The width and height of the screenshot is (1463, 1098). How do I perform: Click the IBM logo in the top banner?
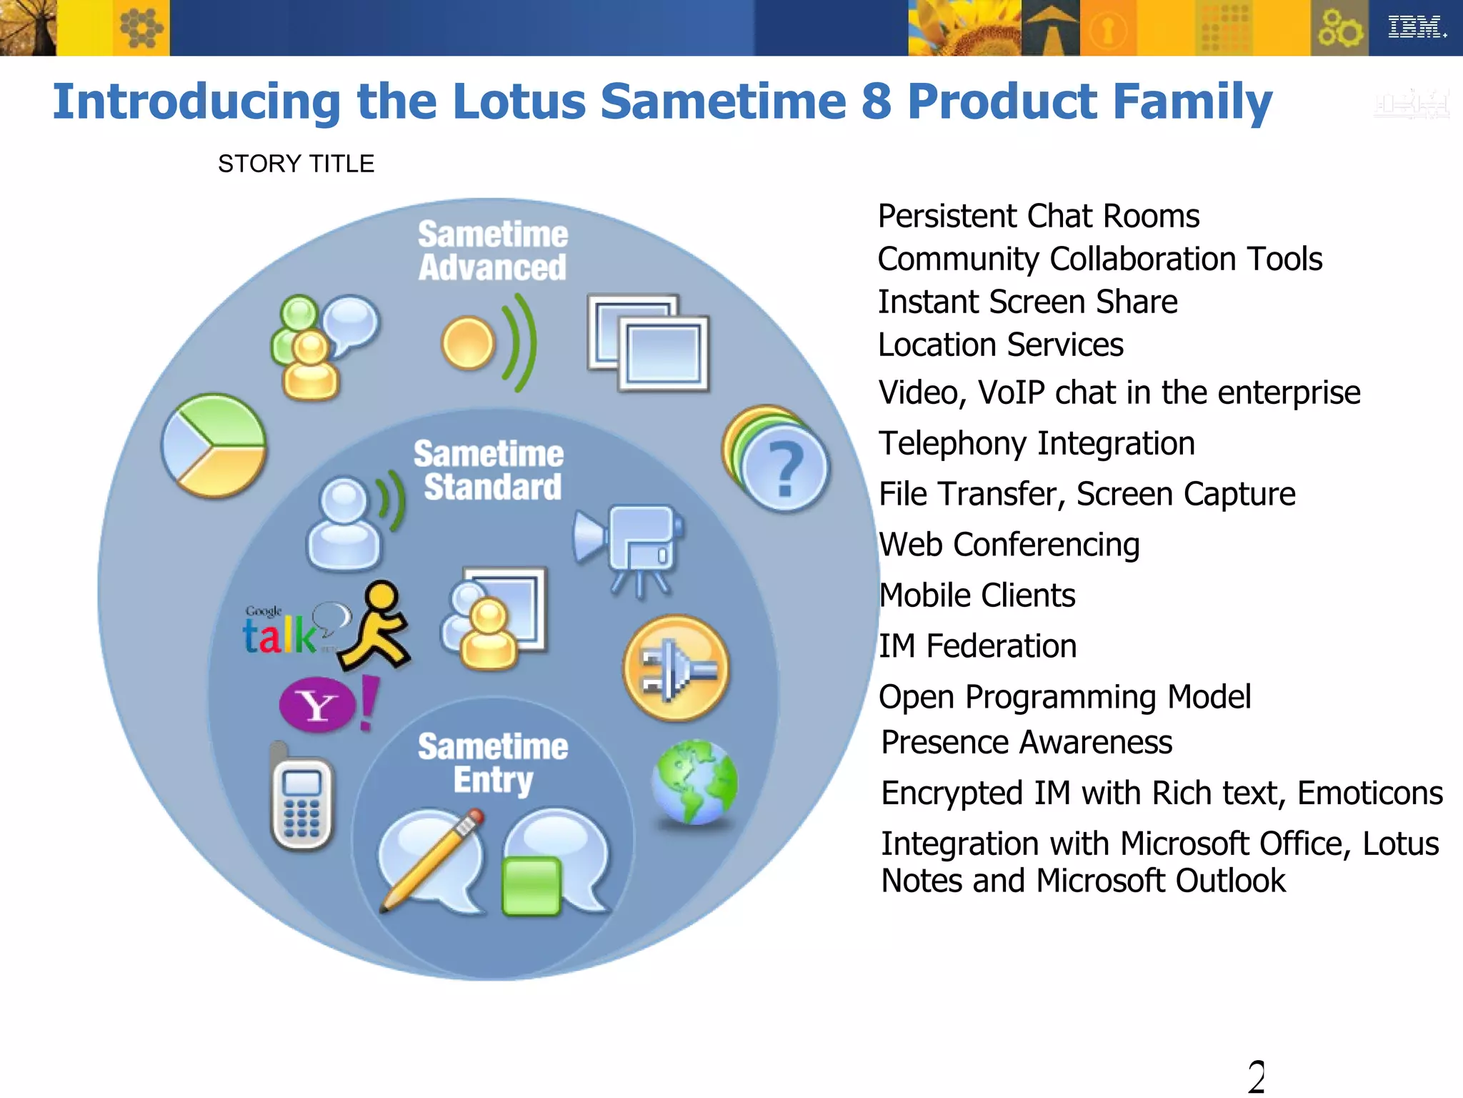1416,27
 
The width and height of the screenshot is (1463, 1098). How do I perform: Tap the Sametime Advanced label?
493,251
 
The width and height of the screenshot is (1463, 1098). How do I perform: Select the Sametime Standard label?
490,470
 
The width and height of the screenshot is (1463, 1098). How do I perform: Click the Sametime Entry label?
493,763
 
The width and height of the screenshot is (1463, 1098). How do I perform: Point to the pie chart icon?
214,446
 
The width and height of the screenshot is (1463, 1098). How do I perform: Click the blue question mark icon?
784,468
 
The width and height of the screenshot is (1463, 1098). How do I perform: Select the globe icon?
694,782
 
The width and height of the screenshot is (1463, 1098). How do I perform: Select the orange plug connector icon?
676,668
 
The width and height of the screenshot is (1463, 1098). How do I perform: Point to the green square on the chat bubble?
531,886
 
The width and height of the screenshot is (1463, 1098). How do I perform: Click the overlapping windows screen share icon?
648,342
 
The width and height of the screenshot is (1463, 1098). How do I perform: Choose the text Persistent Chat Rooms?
1038,216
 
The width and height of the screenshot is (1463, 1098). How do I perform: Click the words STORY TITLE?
296,164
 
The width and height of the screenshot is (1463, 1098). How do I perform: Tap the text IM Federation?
977,646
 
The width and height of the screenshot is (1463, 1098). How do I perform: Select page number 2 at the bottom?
1256,1077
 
